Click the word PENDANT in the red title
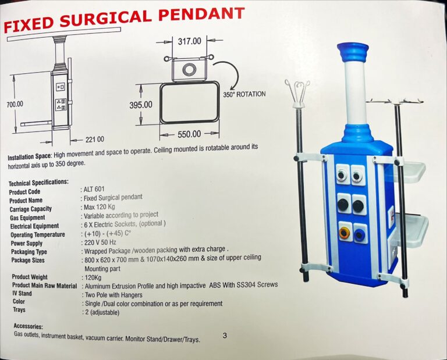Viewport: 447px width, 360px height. coord(201,15)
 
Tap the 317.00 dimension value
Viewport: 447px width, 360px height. coord(190,41)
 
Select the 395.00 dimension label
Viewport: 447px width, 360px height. coord(141,105)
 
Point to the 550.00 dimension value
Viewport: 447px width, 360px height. coord(189,134)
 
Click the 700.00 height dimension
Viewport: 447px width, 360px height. coord(15,104)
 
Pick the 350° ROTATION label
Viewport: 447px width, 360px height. coord(244,94)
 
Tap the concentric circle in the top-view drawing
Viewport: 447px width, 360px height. coord(189,70)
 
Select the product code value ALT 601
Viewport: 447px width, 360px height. coord(94,190)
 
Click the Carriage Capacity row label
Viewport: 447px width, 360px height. coord(31,209)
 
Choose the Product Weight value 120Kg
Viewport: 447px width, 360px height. coord(93,277)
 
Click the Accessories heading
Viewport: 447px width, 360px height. coord(28,326)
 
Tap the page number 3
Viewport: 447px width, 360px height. coord(225,336)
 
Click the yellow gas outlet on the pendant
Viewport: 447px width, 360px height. coord(344,233)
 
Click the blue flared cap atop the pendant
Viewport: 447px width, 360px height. coord(352,53)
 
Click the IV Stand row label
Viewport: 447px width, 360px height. coord(22,293)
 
